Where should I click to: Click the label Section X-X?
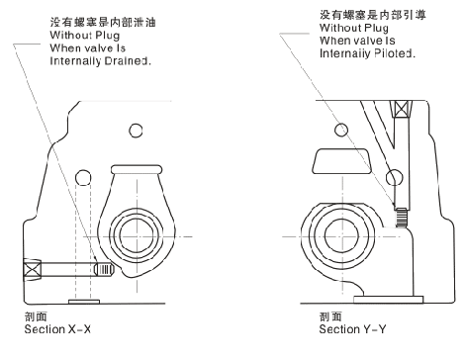point(57,329)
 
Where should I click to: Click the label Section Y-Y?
point(352,329)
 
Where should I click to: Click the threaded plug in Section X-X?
point(104,269)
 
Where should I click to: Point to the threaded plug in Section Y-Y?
point(401,218)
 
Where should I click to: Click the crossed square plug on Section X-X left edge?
point(33,270)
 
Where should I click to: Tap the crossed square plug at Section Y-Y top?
point(401,109)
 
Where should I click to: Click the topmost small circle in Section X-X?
point(136,131)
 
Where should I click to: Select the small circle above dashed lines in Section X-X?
point(83,178)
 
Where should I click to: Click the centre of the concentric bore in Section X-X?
point(137,236)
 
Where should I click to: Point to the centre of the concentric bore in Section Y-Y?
point(342,236)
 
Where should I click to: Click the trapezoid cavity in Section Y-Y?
point(342,161)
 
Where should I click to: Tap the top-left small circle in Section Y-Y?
point(341,130)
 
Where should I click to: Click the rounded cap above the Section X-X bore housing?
point(137,169)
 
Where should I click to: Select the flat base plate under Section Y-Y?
point(388,300)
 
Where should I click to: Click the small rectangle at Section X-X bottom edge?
point(84,302)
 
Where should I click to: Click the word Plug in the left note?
point(108,36)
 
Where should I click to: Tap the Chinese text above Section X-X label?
point(36,316)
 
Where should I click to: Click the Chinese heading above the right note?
point(373,15)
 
